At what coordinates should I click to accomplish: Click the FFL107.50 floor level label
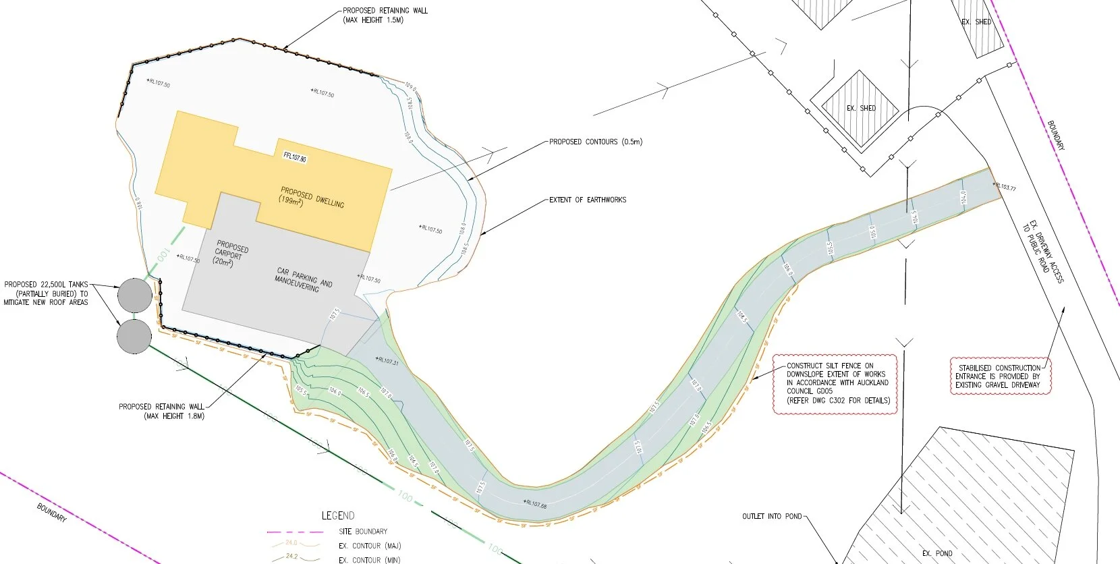[x=295, y=157]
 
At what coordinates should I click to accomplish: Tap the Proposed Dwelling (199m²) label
[x=312, y=197]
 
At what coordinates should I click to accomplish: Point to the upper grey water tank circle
[x=134, y=295]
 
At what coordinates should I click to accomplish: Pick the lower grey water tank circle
[x=134, y=336]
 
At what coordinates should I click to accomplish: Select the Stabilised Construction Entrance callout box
[x=1000, y=376]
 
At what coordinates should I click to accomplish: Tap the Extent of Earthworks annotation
[x=587, y=200]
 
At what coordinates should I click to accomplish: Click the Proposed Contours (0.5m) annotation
[x=595, y=142]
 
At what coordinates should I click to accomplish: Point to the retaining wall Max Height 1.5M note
[x=385, y=16]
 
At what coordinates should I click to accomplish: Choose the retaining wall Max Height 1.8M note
[x=162, y=411]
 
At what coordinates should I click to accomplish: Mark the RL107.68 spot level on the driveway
[x=536, y=504]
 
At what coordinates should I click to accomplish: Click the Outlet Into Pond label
[x=772, y=516]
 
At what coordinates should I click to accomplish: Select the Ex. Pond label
[x=937, y=553]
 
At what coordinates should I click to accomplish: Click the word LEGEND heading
[x=338, y=515]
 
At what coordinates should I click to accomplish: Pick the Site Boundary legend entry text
[x=363, y=531]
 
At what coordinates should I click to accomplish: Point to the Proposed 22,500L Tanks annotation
[x=46, y=293]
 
